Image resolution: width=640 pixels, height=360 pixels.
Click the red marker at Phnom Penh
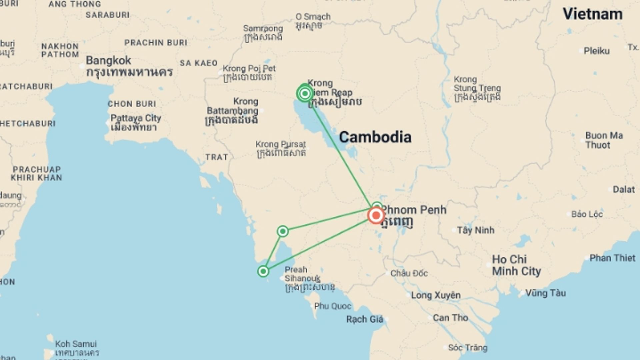[x=376, y=215]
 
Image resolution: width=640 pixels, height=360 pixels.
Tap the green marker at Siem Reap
[x=305, y=94]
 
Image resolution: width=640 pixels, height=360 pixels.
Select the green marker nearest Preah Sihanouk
[x=263, y=271]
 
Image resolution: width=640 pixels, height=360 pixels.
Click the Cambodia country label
[x=375, y=137]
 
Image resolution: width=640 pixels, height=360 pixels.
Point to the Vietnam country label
[x=593, y=14]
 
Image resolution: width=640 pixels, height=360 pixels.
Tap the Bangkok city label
[x=109, y=61]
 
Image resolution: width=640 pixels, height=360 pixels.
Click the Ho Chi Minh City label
[x=516, y=265]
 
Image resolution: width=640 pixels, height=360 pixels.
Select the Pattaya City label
[x=136, y=118]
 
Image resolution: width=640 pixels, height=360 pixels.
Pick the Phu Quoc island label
[x=333, y=306]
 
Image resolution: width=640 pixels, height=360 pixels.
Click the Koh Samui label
[x=76, y=344]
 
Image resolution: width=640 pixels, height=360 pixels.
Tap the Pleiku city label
[x=597, y=51]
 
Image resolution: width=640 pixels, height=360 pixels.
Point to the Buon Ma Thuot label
[x=604, y=140]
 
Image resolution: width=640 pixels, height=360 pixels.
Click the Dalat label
[x=624, y=190]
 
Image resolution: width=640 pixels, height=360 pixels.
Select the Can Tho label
[x=450, y=318]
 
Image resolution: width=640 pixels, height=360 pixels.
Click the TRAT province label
[x=217, y=157]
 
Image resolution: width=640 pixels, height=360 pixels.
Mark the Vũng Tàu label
[x=546, y=293]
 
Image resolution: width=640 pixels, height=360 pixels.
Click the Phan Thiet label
[x=612, y=258]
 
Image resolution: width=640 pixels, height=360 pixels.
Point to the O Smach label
[x=313, y=17]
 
